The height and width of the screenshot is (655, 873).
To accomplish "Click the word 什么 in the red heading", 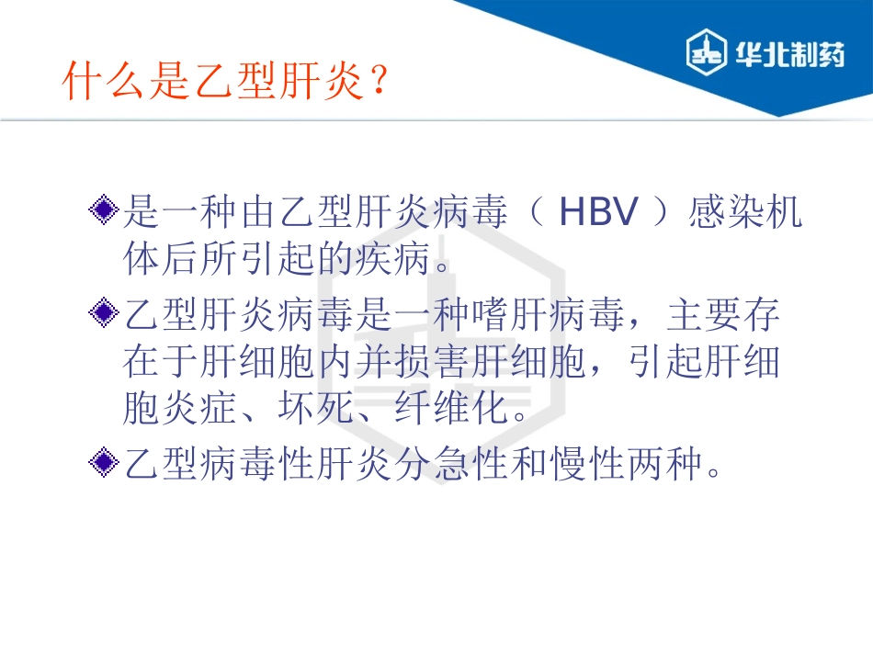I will coord(95,81).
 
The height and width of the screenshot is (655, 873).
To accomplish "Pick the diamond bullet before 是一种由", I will coord(107,212).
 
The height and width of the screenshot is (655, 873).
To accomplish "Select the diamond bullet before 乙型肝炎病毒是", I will coord(107,314).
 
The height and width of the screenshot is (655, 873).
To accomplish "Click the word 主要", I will coord(703,315).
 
